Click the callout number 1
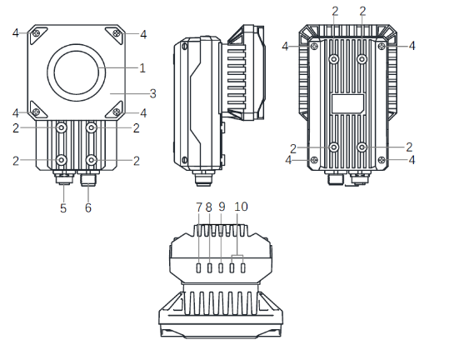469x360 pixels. click(142, 67)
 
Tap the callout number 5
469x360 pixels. click(62, 207)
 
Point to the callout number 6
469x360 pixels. click(88, 207)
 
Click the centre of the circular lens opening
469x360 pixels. click(77, 73)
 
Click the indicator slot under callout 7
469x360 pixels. click(199, 267)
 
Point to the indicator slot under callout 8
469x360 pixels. click(210, 267)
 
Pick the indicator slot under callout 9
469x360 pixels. click(221, 267)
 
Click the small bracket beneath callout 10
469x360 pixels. click(237, 255)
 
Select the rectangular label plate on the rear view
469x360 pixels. click(347, 103)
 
